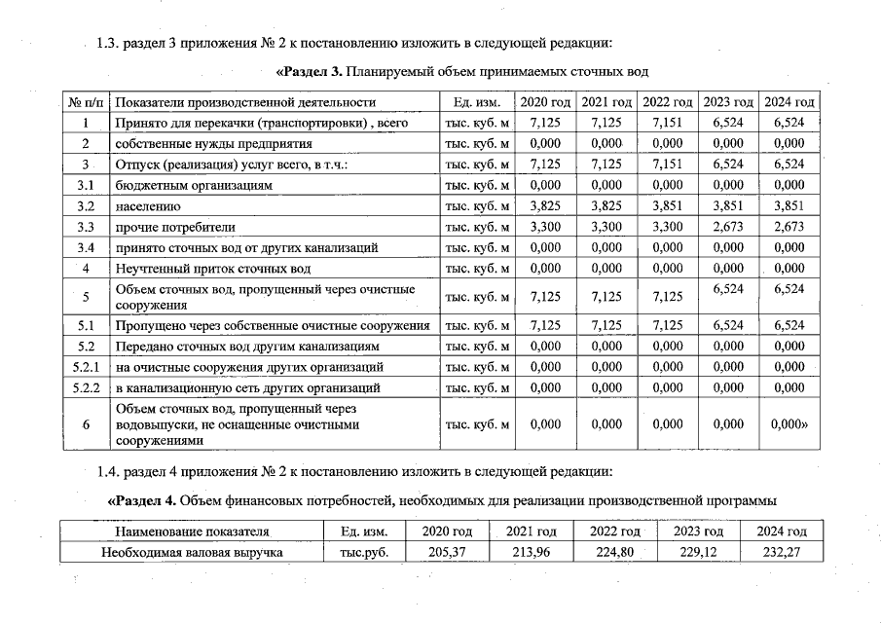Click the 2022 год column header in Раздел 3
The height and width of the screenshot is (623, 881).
click(x=668, y=102)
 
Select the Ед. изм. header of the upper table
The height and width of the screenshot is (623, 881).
click(x=477, y=102)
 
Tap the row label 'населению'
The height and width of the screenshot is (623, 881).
click(x=147, y=206)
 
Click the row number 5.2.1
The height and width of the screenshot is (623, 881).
click(x=86, y=367)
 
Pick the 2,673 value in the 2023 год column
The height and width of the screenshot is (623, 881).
click(x=727, y=227)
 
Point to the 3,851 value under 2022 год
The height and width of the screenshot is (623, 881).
click(x=668, y=206)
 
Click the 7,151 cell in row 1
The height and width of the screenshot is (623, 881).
click(x=668, y=123)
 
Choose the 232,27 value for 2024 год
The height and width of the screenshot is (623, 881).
click(x=784, y=552)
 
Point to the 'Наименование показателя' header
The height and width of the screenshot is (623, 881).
click(x=191, y=531)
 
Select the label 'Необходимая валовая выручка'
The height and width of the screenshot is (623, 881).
click(x=192, y=552)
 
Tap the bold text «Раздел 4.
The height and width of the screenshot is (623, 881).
click(x=141, y=501)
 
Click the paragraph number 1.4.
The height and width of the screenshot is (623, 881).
click(x=108, y=473)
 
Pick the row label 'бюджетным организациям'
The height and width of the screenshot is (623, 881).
click(x=193, y=185)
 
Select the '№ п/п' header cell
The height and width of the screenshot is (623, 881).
click(x=86, y=102)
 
